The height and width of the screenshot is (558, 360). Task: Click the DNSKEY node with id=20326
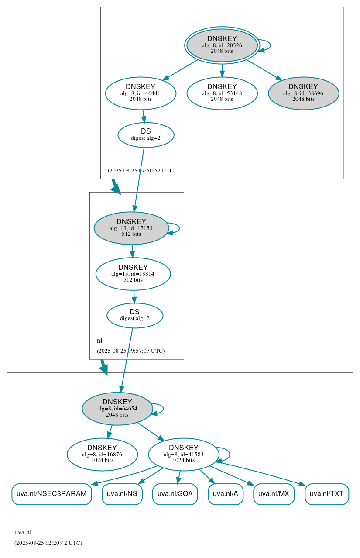[x=222, y=45]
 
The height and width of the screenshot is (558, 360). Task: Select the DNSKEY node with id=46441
[x=141, y=93]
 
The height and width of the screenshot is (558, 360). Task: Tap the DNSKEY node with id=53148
[x=222, y=93]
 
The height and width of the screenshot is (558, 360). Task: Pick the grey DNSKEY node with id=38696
[x=303, y=93]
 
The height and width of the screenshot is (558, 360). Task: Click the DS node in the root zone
[x=146, y=135]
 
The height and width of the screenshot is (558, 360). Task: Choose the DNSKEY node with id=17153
[x=131, y=228]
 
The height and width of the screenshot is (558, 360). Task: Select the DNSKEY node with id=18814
[x=133, y=274]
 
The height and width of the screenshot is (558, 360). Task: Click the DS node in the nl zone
[x=135, y=315]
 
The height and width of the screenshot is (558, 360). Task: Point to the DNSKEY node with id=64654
[x=117, y=409]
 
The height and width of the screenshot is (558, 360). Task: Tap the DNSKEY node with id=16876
[x=102, y=455]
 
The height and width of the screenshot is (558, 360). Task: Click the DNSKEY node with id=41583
[x=184, y=455]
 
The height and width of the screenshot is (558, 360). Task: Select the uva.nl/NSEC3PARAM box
[x=51, y=494]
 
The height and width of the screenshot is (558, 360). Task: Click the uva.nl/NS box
[x=122, y=494]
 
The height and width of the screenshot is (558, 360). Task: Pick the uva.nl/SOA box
[x=175, y=494]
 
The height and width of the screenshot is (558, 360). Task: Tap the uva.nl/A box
[x=226, y=494]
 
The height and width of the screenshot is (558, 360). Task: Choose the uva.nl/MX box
[x=274, y=494]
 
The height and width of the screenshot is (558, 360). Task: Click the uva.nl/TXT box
[x=327, y=494]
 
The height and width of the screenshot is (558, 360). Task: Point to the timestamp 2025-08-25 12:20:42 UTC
[x=48, y=543]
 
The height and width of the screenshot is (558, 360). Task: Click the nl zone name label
[x=99, y=341]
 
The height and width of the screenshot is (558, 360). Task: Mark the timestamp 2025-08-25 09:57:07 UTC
[x=130, y=351]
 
